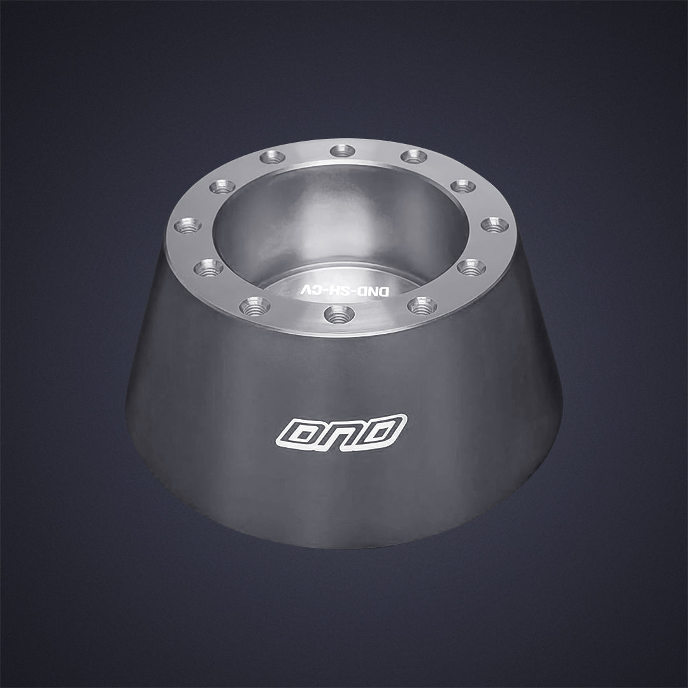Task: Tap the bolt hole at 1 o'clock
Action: point(414,156)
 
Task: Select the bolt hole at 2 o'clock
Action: point(463,186)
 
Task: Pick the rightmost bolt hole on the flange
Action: point(494,225)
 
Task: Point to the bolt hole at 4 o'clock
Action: point(471,268)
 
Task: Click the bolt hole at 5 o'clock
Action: point(422,306)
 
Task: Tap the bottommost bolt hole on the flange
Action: point(339,315)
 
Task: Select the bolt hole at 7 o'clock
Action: point(255,306)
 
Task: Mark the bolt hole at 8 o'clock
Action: point(208,268)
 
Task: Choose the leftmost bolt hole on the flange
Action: point(188,226)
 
